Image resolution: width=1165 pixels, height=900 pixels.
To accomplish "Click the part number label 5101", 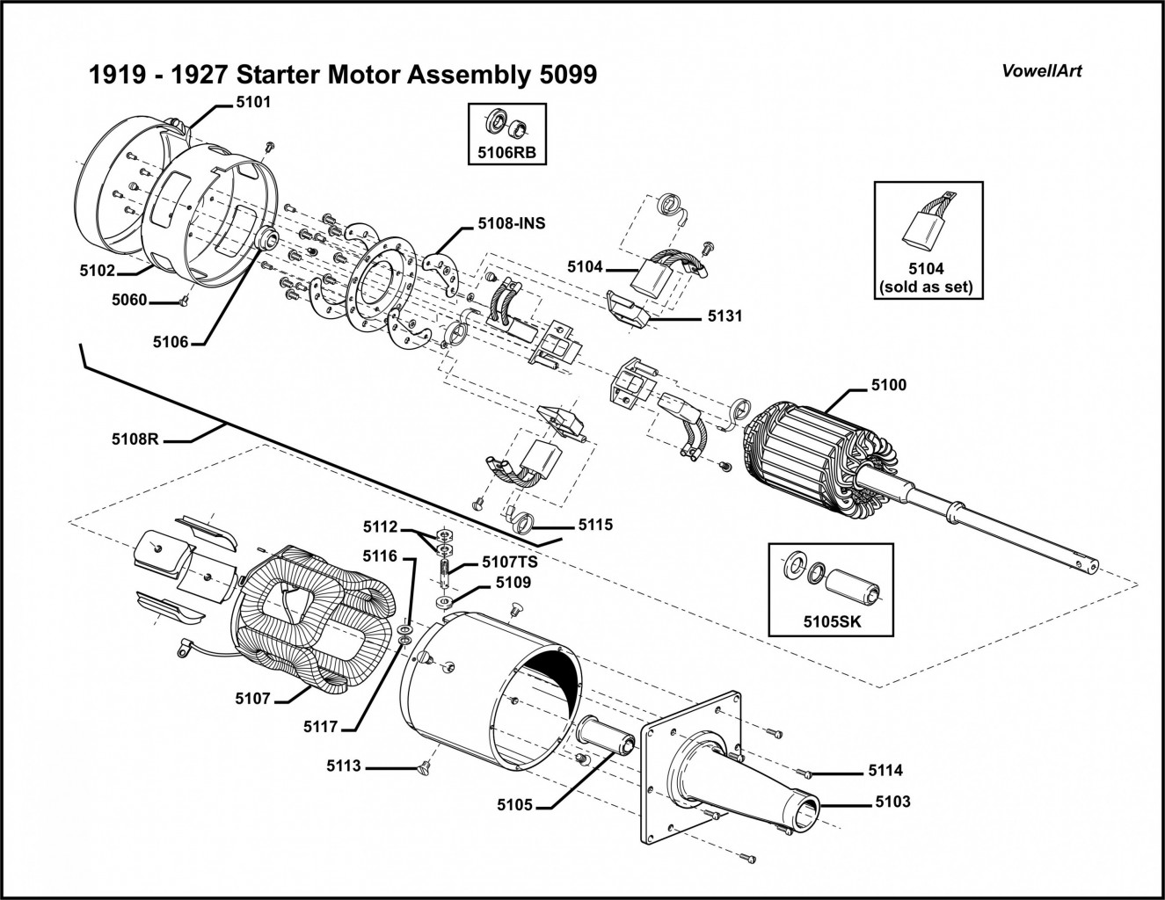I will (253, 102).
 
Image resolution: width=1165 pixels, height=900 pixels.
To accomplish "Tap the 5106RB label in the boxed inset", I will (506, 151).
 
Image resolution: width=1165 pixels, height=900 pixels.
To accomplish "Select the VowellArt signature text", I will (1042, 70).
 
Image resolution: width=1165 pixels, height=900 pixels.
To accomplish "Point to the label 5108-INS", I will (512, 223).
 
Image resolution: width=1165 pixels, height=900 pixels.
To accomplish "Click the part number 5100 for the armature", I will (888, 385).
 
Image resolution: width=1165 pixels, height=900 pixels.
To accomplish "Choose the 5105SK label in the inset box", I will (831, 621).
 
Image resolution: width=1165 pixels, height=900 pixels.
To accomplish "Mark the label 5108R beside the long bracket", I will (135, 437).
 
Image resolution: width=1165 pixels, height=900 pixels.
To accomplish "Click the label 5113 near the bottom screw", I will (344, 766).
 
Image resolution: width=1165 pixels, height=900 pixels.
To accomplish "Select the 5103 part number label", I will (893, 802).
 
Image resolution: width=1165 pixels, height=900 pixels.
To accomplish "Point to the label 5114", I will (885, 771).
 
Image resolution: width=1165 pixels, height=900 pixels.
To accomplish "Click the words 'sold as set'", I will (928, 287).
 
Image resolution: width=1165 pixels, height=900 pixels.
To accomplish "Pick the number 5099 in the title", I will (564, 75).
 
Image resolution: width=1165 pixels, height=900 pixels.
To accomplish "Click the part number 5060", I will (129, 300).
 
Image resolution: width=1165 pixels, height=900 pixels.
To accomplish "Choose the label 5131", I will (724, 316).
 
